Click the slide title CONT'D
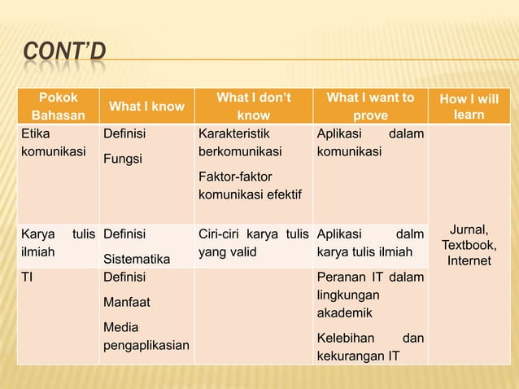pyautogui.click(x=63, y=54)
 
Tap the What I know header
pyautogui.click(x=146, y=107)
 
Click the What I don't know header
pyautogui.click(x=253, y=107)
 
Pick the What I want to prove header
pyautogui.click(x=370, y=107)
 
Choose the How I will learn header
pyautogui.click(x=469, y=107)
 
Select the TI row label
pyautogui.click(x=28, y=277)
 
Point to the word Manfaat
pyautogui.click(x=126, y=302)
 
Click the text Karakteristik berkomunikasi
pyautogui.click(x=238, y=140)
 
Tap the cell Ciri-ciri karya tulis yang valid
pyautogui.click(x=253, y=243)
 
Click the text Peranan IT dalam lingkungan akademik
pyautogui.click(x=370, y=295)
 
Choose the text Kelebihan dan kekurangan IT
pyautogui.click(x=370, y=346)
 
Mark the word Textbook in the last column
pyautogui.click(x=469, y=245)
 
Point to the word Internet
pyautogui.click(x=469, y=260)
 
